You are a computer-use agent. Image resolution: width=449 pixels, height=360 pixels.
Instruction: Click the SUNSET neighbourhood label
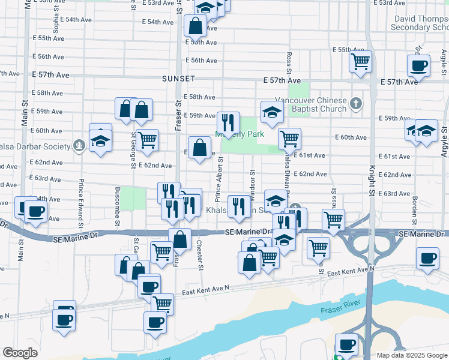click(x=178, y=79)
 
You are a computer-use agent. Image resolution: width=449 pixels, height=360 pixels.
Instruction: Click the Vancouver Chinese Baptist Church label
click(x=311, y=104)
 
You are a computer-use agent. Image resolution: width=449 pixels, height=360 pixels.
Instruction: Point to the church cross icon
click(x=356, y=104)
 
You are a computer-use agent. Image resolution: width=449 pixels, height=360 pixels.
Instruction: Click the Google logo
click(x=20, y=353)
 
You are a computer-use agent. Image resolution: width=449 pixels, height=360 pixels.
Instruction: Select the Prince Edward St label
click(x=80, y=208)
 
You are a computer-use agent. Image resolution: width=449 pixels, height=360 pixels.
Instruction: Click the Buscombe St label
click(x=118, y=208)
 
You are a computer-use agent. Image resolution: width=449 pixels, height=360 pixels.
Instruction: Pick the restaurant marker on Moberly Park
click(x=228, y=123)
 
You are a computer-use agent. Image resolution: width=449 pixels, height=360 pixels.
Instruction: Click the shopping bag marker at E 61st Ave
click(x=199, y=148)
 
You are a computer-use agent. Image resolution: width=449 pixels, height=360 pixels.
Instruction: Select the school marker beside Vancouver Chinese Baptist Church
click(x=272, y=112)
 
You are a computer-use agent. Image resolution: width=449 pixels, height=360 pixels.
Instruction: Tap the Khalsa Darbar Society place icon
click(x=79, y=145)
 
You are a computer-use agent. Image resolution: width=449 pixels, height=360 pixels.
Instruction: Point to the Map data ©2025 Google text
click(x=411, y=355)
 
